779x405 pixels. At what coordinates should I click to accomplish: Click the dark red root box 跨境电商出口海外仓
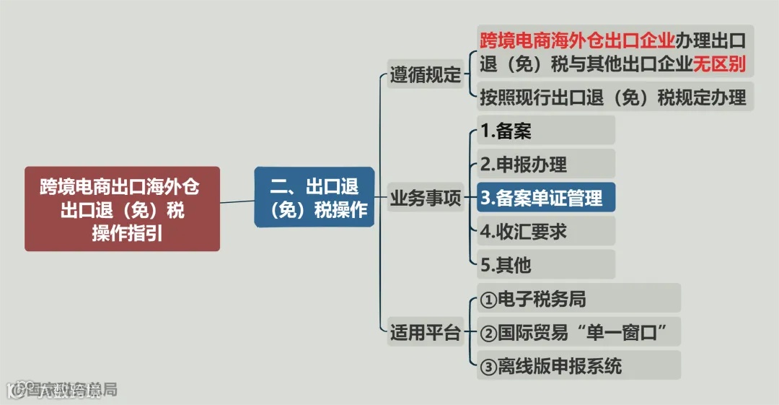(x=122, y=209)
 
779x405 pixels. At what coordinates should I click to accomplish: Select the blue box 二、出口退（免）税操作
(x=314, y=197)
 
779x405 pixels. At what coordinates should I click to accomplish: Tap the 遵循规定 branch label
(x=426, y=74)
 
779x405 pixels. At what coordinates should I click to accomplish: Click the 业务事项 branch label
(x=426, y=198)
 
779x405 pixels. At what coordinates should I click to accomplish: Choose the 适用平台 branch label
(x=426, y=333)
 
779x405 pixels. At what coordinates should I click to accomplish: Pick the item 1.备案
(x=545, y=131)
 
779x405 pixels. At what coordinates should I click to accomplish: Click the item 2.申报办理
(x=545, y=165)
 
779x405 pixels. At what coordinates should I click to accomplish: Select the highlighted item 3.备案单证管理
(x=545, y=198)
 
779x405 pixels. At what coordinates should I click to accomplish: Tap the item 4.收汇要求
(x=545, y=231)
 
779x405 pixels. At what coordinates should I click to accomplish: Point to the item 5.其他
(x=545, y=265)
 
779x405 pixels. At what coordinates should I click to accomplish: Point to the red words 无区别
(x=719, y=64)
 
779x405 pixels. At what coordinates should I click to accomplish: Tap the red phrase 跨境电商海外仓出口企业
(x=577, y=38)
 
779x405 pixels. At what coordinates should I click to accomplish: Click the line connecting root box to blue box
(x=237, y=201)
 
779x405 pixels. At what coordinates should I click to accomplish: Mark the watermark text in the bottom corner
(x=61, y=391)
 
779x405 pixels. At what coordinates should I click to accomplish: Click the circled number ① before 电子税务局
(x=488, y=299)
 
